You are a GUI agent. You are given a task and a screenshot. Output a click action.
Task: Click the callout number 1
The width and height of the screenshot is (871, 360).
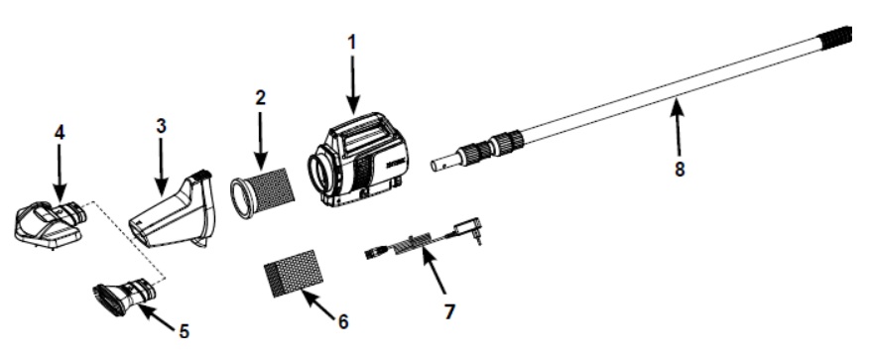point(351,43)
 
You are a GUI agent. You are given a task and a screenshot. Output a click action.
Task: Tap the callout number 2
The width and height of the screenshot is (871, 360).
point(261,98)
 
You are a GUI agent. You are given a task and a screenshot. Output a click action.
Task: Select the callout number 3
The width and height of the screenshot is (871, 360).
point(161,126)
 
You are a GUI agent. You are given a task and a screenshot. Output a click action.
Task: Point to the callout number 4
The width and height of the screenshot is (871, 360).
point(60,132)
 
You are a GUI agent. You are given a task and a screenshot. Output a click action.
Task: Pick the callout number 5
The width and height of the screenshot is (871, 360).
point(184,331)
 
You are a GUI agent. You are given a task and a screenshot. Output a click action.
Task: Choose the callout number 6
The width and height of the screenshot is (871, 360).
point(343,321)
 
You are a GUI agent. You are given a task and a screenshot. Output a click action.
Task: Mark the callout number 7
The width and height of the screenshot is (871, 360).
point(449,311)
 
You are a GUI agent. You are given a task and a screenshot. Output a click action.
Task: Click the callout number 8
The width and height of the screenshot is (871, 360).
point(680,169)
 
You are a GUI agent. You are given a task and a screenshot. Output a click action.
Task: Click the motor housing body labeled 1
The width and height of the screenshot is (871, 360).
point(357,160)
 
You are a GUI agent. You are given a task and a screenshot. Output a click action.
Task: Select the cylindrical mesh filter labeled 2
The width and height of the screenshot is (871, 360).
point(262,191)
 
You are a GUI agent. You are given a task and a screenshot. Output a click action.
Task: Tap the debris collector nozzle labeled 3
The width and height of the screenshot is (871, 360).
point(174,210)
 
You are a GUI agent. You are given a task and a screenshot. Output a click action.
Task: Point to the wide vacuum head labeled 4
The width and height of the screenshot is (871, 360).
point(50,225)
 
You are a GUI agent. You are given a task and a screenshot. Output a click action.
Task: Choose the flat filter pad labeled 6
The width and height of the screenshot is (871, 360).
point(292,274)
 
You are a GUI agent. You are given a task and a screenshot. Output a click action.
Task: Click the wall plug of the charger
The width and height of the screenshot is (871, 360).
point(467,230)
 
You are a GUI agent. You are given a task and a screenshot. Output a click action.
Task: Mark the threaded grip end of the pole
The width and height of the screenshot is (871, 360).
point(836,39)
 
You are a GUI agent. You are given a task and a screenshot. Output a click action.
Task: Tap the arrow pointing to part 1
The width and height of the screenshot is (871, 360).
point(352,84)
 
